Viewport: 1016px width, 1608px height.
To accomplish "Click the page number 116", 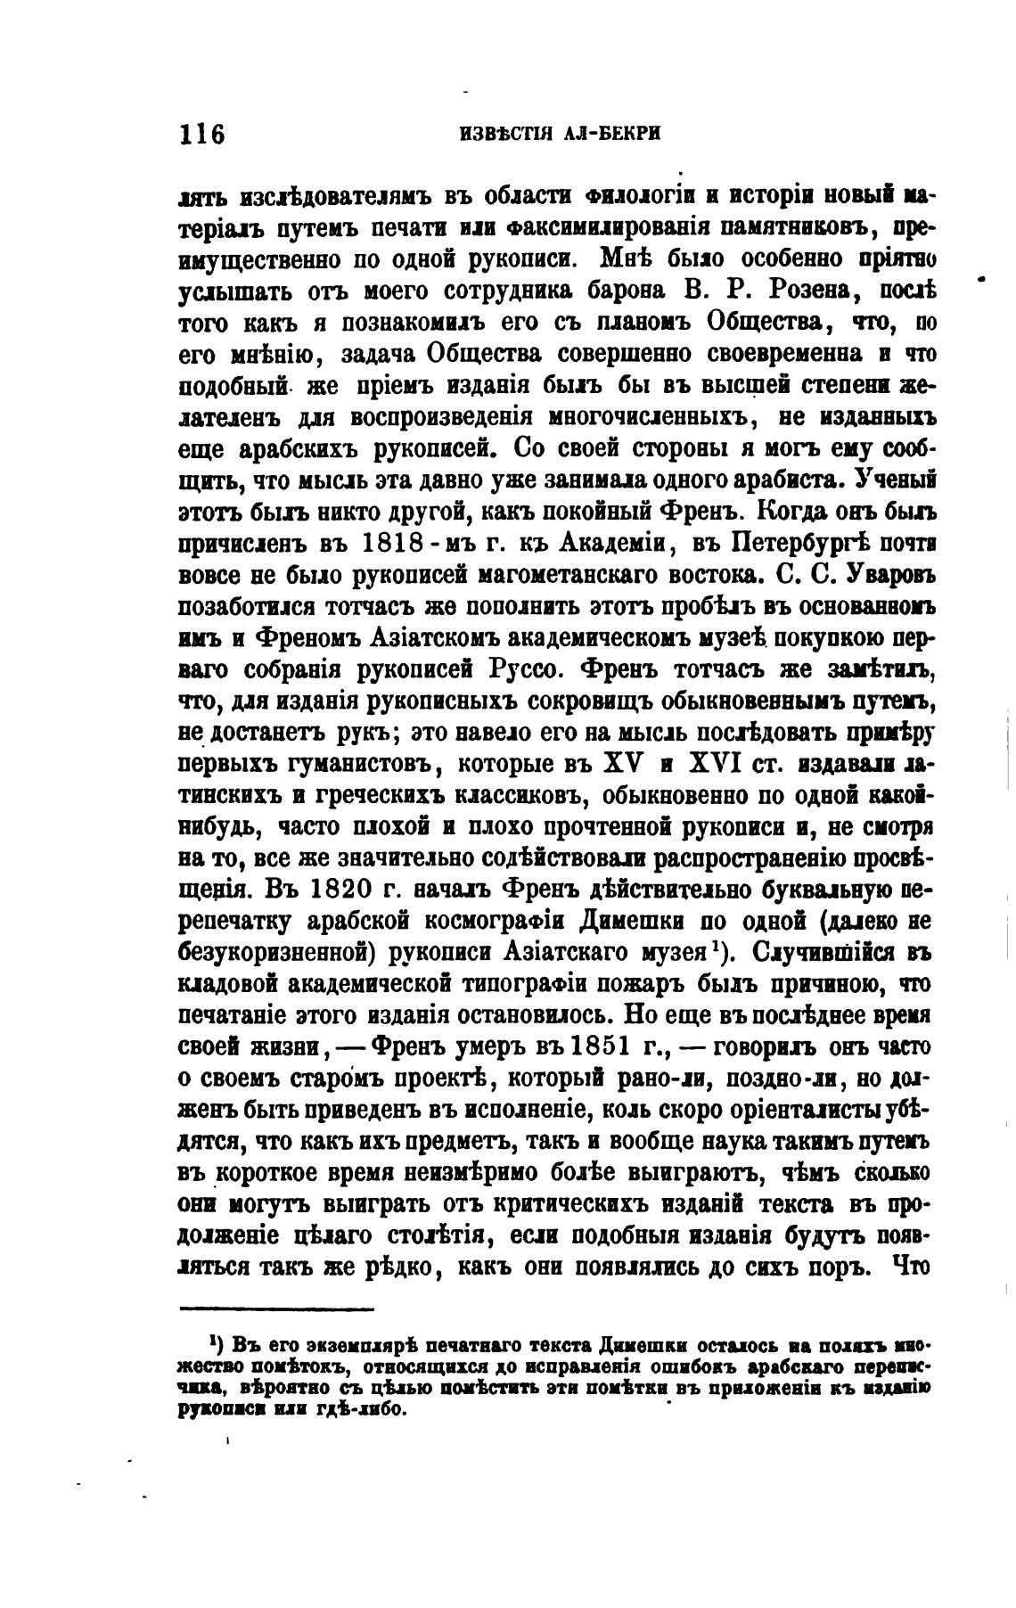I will (203, 135).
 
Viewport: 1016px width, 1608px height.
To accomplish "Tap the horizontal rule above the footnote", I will (276, 1309).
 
